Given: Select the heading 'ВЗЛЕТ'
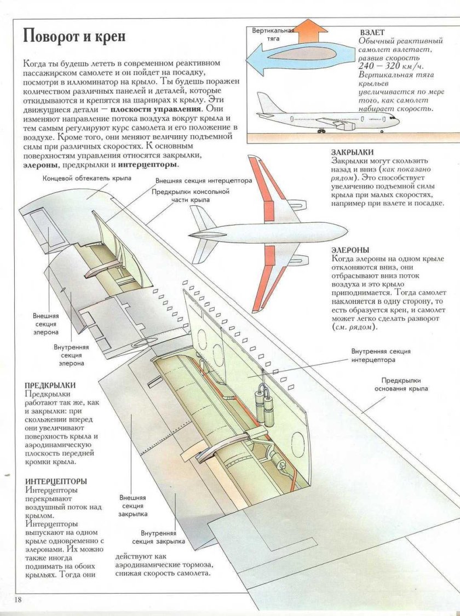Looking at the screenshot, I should tap(372, 32).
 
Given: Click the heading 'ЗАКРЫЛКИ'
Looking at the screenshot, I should tap(353, 152).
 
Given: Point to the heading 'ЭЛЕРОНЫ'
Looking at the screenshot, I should tap(350, 249).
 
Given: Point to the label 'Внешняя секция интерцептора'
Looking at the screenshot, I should tap(203, 180).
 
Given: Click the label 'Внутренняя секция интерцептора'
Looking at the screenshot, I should tap(381, 355).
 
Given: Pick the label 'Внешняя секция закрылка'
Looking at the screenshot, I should tap(133, 506).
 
